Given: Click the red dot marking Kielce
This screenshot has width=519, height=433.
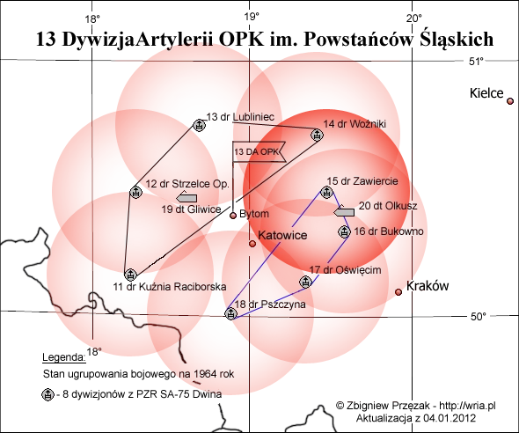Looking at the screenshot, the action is pos(510,101).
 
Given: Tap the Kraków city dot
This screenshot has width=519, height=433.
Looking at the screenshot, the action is pos(398,292).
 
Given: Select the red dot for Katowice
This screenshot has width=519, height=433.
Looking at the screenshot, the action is pos(252,244).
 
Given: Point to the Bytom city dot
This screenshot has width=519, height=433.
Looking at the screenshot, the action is pos(233,216).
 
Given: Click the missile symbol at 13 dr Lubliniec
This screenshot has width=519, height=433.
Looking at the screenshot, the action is pos(199,125).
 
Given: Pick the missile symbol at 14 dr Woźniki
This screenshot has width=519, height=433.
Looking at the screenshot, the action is pos(317,135).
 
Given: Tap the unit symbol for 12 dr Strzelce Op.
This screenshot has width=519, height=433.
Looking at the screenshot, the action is pos(135,192).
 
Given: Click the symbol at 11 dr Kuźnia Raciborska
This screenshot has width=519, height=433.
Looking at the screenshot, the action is pos(130,275).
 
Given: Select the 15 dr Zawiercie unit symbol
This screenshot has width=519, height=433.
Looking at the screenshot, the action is pos(326,192).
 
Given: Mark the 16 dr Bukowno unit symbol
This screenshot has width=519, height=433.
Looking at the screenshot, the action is pos(344,231).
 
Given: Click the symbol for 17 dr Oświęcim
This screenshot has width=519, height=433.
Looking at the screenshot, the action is pos(305,282).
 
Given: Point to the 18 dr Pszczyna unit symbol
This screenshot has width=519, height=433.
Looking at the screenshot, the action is pos(230,313).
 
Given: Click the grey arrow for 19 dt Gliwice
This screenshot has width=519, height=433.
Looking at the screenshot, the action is pos(186,197).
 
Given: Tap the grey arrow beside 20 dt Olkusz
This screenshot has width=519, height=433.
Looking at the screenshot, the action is pos(344,211).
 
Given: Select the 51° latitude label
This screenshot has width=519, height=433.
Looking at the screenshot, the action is pos(476,62).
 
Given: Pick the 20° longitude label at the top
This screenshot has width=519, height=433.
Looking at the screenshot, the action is pos(414,18).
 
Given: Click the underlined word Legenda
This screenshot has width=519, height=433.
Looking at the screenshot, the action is pos(64,357).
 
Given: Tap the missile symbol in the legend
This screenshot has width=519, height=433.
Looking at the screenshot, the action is pos(48,394).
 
